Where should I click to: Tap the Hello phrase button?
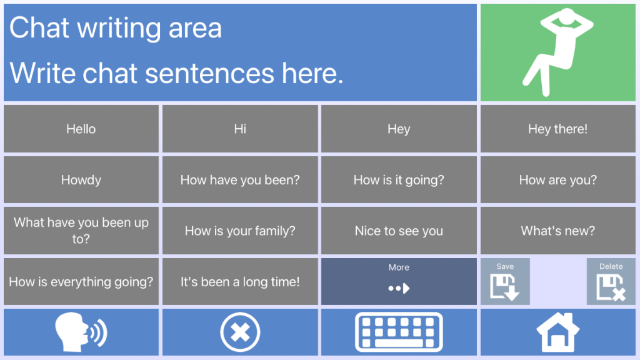click(81, 129)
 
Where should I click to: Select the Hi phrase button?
click(240, 129)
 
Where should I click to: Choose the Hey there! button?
click(558, 129)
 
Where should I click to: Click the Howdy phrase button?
click(81, 179)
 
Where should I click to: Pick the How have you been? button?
click(240, 179)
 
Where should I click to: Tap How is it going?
click(399, 179)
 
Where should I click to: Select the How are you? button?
click(558, 179)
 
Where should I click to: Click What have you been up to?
click(81, 231)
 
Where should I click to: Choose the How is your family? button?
click(240, 231)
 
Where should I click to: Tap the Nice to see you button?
click(399, 231)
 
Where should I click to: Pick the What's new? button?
click(558, 231)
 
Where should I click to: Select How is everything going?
click(81, 282)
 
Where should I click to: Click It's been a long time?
click(240, 282)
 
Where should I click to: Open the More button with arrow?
click(399, 282)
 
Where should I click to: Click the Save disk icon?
click(505, 287)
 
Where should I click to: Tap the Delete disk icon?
click(611, 287)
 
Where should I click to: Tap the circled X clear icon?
click(240, 332)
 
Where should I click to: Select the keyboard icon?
click(399, 332)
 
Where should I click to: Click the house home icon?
click(558, 332)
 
